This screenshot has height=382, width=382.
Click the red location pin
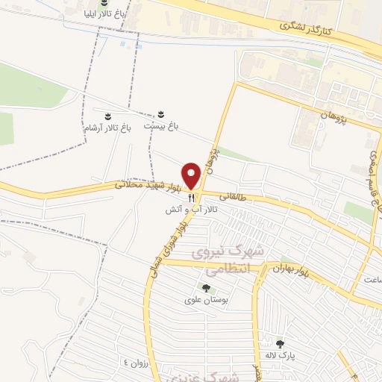click(192, 175)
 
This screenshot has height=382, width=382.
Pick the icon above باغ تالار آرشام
click(108, 116)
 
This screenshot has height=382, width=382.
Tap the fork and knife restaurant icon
click(192, 198)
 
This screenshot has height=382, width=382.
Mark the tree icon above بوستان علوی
click(206, 289)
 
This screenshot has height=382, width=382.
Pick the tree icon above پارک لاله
click(281, 344)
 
